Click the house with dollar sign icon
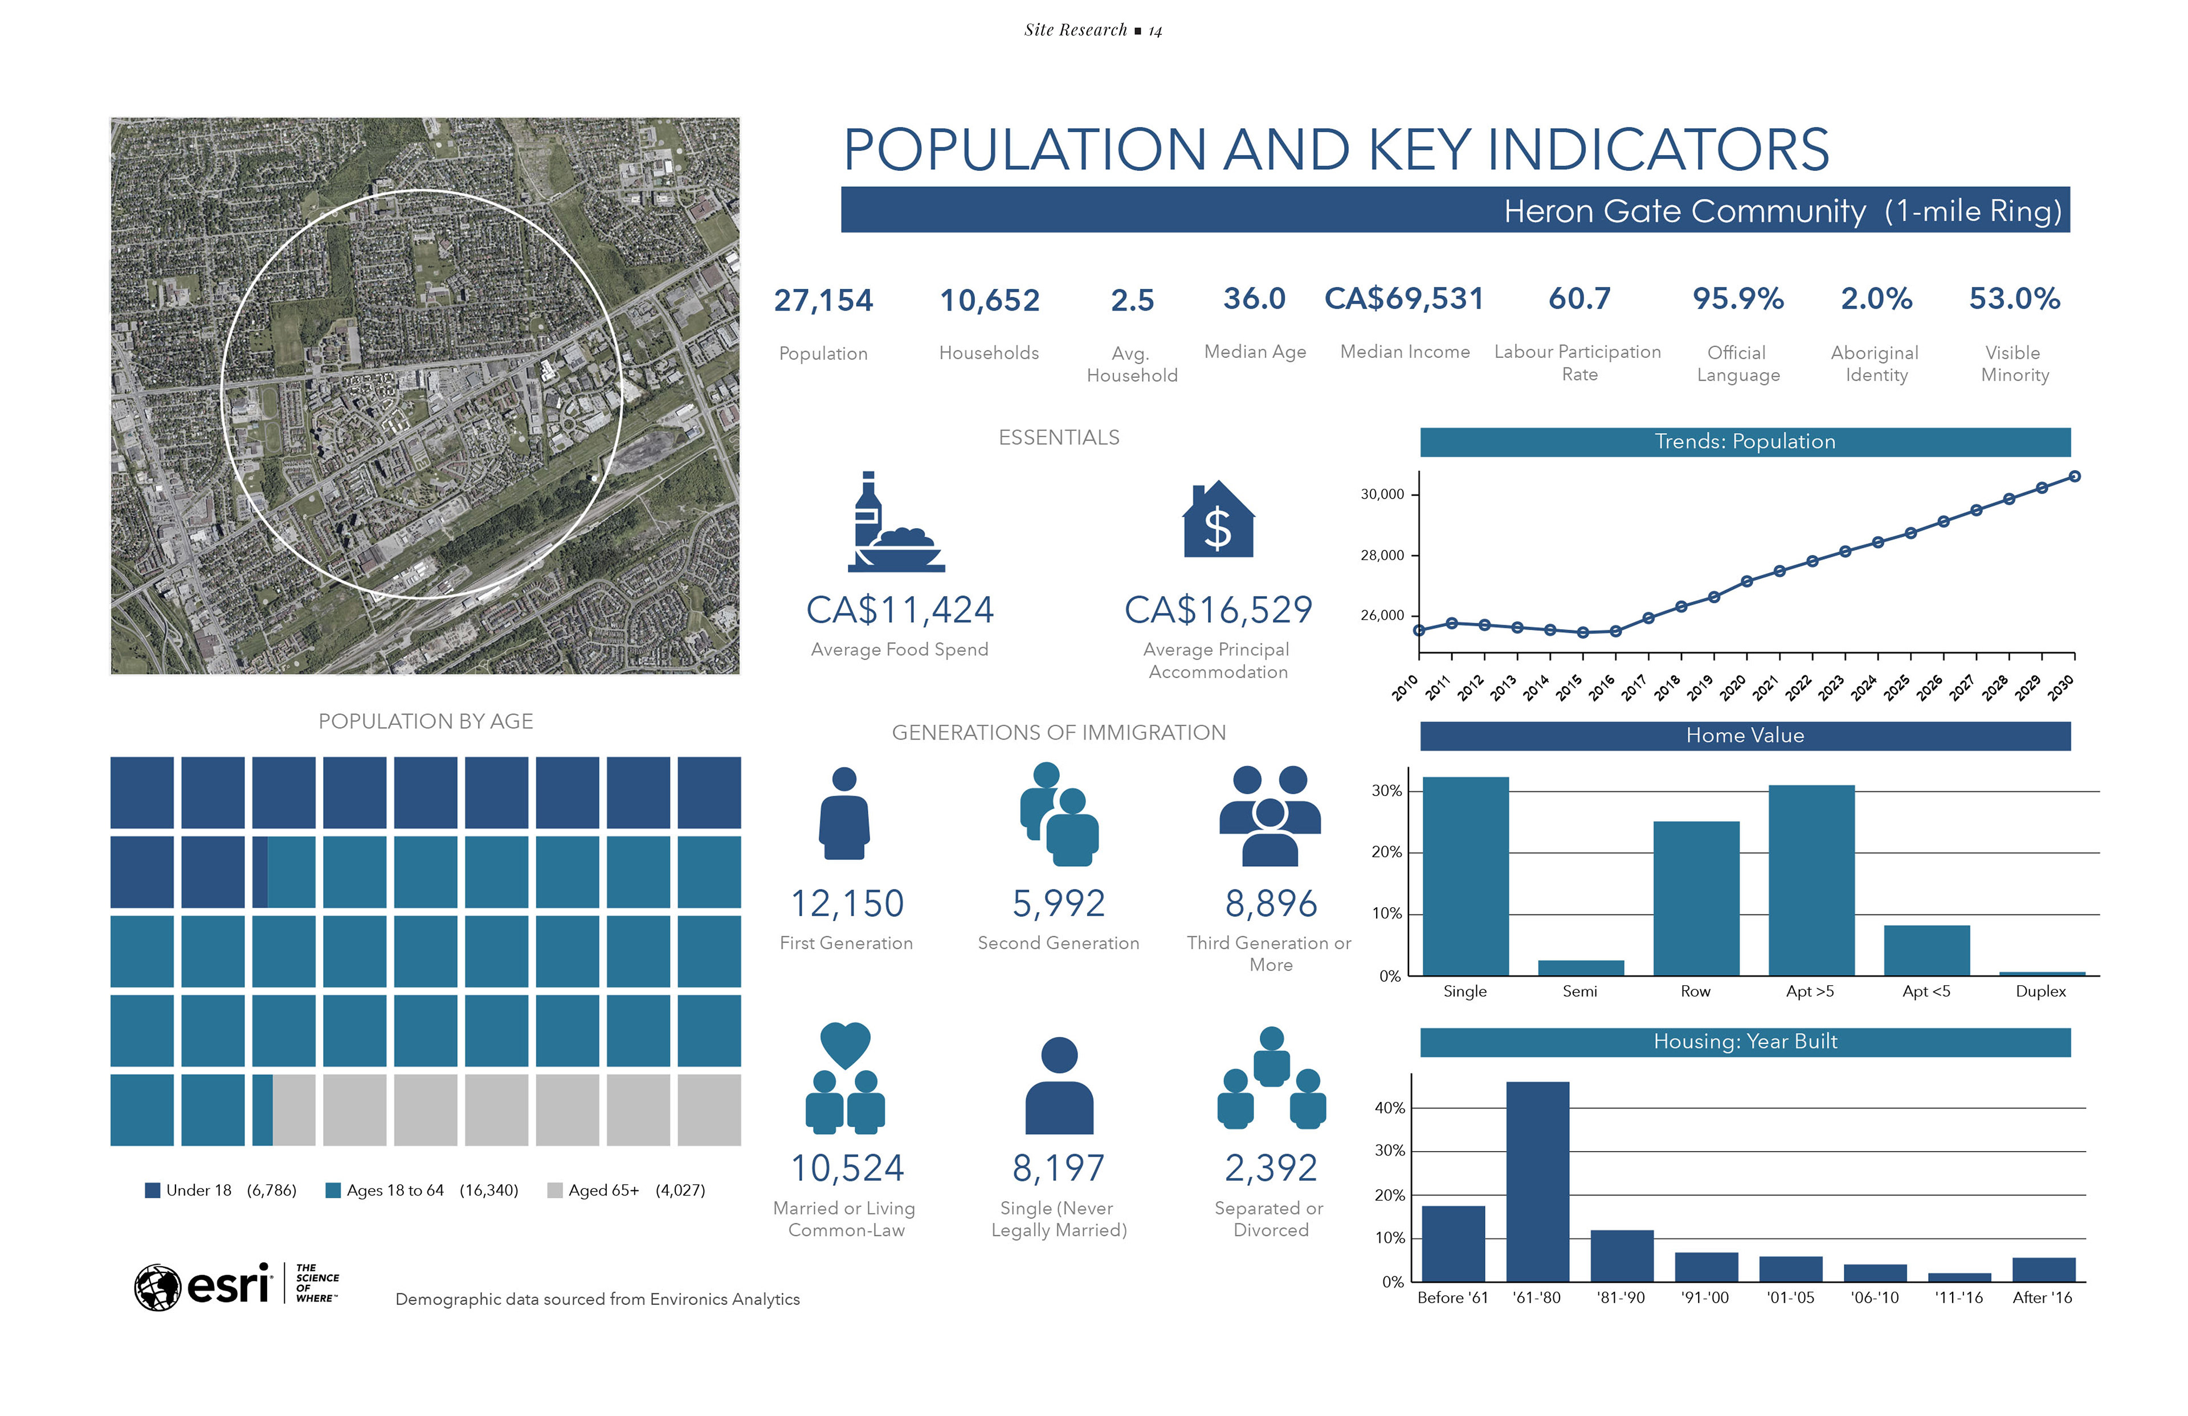coord(1218,520)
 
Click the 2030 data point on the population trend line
coord(2075,476)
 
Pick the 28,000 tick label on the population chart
coord(1382,556)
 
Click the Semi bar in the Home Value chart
coord(1581,968)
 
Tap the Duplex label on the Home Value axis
coord(2040,991)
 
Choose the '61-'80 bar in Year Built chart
coord(1537,1182)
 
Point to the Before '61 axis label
coord(1452,1297)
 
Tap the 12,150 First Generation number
coord(847,904)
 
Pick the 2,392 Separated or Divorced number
coord(1271,1169)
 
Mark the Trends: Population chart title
coord(1744,442)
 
